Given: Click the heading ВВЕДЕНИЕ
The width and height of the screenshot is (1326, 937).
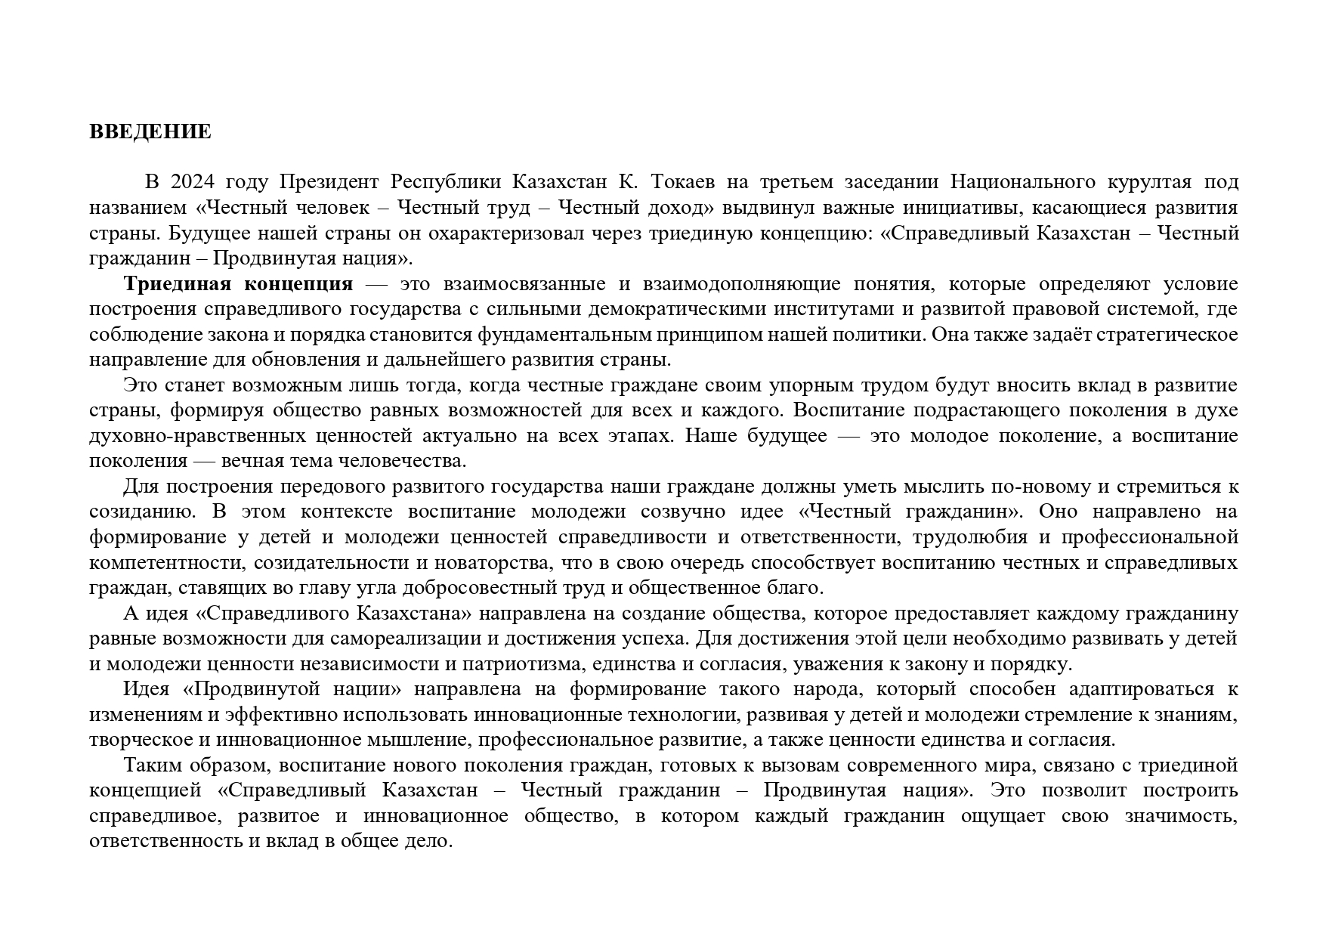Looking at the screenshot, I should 150,132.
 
